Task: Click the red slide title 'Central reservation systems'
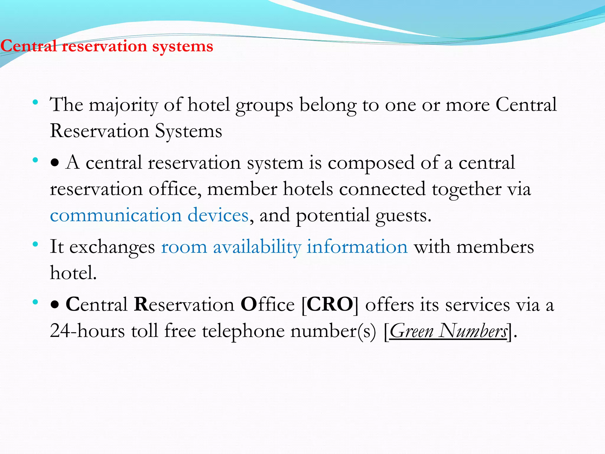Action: (107, 46)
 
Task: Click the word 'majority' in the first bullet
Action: (123, 105)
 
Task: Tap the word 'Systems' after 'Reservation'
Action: (188, 131)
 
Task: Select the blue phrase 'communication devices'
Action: (149, 215)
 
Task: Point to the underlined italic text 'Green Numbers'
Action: (448, 331)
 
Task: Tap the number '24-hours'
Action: (87, 330)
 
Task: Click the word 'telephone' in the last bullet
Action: (243, 330)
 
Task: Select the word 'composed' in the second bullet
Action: (371, 163)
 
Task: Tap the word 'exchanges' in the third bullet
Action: (112, 247)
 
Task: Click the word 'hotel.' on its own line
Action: (73, 273)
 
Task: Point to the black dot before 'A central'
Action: (55, 163)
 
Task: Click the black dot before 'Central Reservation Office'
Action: (55, 305)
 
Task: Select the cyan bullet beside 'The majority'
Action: (35, 103)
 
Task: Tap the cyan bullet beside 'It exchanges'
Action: (35, 244)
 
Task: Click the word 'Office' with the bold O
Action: (267, 304)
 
